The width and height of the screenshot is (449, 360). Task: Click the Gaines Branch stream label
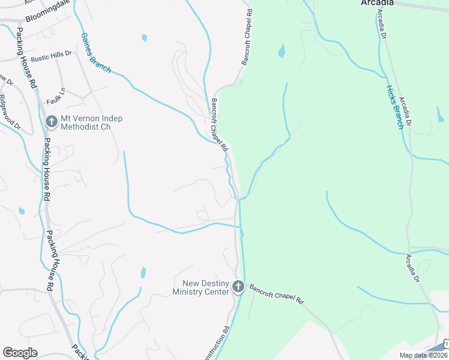(95, 53)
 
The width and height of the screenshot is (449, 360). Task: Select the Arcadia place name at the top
(377, 3)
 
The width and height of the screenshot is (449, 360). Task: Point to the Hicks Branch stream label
(394, 107)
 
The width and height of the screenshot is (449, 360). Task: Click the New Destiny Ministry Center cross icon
(238, 287)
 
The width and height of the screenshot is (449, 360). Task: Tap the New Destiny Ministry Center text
(200, 287)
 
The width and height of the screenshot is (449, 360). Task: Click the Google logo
(20, 353)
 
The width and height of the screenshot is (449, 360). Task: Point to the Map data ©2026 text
(423, 355)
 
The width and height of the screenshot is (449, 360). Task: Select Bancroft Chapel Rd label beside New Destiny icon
(277, 293)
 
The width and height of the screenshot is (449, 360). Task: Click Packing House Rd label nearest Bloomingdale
(27, 57)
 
